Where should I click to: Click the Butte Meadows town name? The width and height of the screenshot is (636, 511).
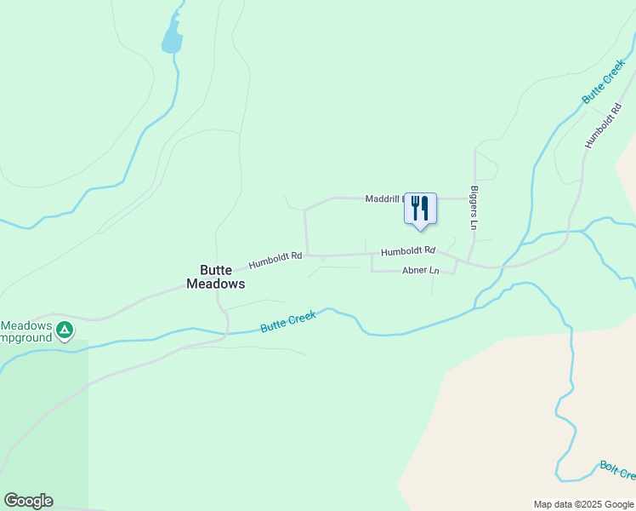pos(216,277)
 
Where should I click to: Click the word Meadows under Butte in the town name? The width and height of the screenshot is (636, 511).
pos(216,284)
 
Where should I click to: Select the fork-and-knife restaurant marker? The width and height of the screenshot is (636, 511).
pos(420,208)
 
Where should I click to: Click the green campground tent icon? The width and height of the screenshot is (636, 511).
pos(64,328)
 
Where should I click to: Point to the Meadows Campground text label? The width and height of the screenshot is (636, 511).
pos(26,331)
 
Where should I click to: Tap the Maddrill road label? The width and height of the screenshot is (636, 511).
pos(383,198)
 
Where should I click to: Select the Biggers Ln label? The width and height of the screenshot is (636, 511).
pos(474,209)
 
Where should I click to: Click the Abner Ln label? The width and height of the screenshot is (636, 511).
pos(421,271)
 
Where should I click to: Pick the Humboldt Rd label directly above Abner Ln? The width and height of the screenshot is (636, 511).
pos(408,251)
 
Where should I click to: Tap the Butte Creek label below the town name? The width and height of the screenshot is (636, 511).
pos(288,321)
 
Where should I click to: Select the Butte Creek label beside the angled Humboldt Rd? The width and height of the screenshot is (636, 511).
pos(603,82)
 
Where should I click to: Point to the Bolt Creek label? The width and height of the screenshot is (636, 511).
pos(617,469)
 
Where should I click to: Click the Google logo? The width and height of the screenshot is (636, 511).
pos(28,501)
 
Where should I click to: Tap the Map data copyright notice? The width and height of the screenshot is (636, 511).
pos(584,504)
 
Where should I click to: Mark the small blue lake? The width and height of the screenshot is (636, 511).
pos(173,38)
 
